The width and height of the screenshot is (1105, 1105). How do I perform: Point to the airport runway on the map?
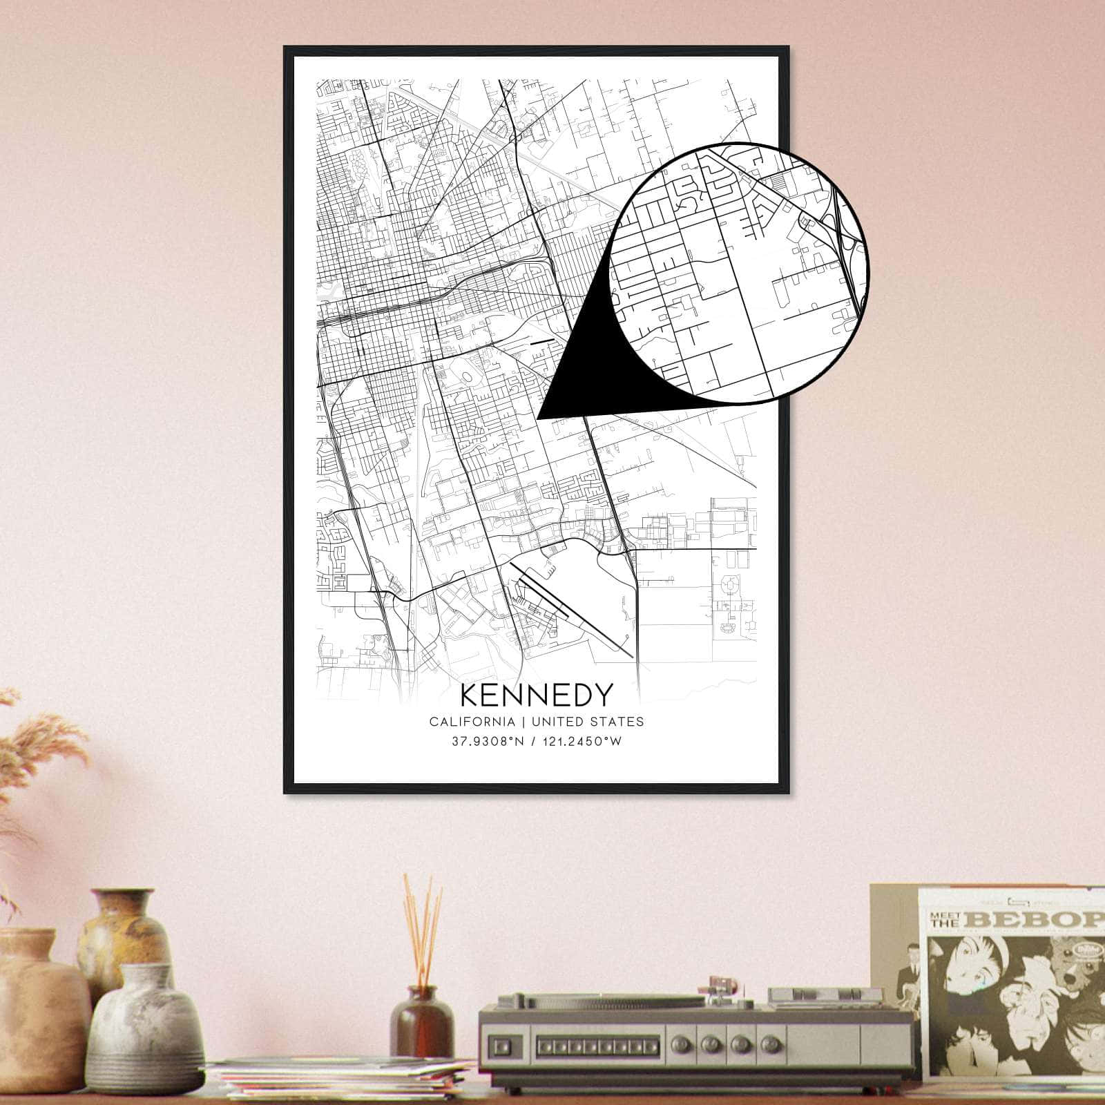(x=573, y=611)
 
